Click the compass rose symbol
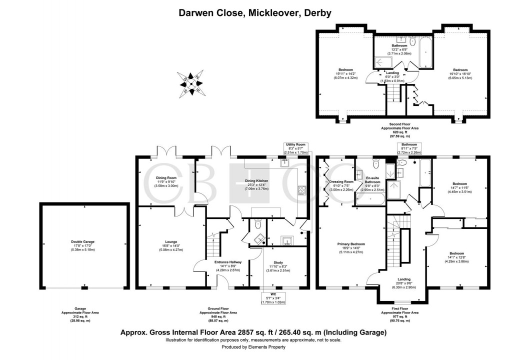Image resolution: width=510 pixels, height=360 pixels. coord(192,82)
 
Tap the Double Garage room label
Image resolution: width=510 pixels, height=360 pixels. coord(82,245)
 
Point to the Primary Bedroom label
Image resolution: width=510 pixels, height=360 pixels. coord(350,248)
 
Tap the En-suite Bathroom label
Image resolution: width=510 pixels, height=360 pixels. coord(373,183)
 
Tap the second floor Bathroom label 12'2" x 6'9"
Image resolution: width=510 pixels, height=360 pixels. coord(399,49)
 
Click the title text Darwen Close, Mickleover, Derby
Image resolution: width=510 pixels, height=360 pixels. coord(255,13)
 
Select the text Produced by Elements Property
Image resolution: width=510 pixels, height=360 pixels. coord(255,347)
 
